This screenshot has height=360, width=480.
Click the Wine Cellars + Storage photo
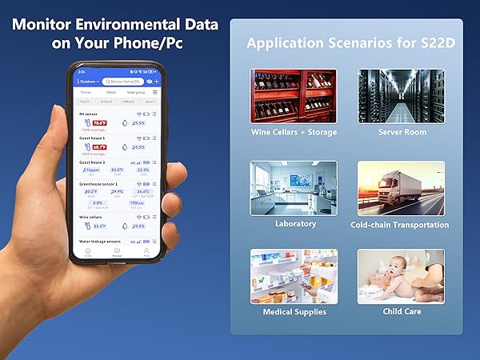pos(294,95)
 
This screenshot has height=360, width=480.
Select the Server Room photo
pos(401,95)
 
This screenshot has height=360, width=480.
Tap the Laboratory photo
pos(294,187)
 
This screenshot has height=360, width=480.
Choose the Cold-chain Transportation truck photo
pos(401,188)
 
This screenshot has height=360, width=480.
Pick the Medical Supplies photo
pos(294,276)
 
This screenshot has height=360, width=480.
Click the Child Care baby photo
pos(401,276)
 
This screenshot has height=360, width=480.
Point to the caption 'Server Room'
pos(401,132)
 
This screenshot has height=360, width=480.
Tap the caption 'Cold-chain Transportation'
pos(400,225)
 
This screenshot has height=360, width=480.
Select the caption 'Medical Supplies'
pos(294,311)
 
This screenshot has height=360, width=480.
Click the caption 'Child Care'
pos(401,311)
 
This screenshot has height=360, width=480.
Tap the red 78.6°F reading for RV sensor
pos(99,123)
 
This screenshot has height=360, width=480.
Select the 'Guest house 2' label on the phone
pos(93,162)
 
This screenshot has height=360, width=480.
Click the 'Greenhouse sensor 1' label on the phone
pos(98,184)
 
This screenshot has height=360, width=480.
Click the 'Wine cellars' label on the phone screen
pos(90,217)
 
